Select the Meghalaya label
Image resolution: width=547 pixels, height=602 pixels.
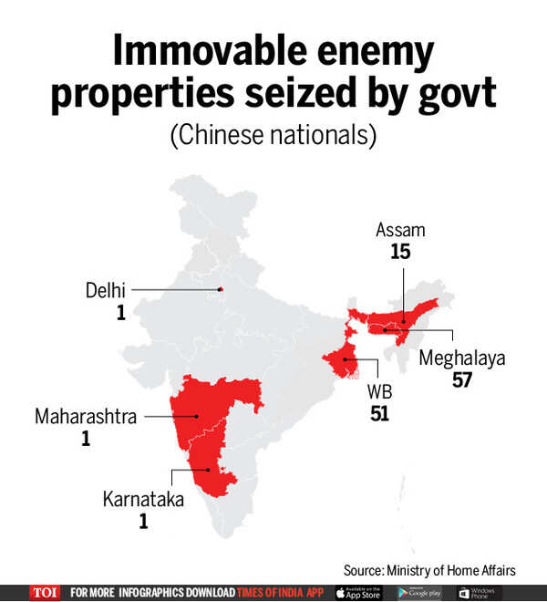coord(461,358)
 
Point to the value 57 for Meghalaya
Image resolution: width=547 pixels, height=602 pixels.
coord(462,379)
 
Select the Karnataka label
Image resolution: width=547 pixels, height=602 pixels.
coord(143,500)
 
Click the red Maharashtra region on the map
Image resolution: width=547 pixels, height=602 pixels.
coord(219,410)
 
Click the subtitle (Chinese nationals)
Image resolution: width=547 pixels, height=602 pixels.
coord(273,135)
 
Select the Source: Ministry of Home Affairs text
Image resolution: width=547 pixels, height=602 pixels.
coord(429,569)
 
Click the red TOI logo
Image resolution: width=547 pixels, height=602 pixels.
coord(44,592)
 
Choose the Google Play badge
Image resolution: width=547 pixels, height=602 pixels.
coord(420,592)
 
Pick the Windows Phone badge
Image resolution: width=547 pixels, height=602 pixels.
coord(480,592)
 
